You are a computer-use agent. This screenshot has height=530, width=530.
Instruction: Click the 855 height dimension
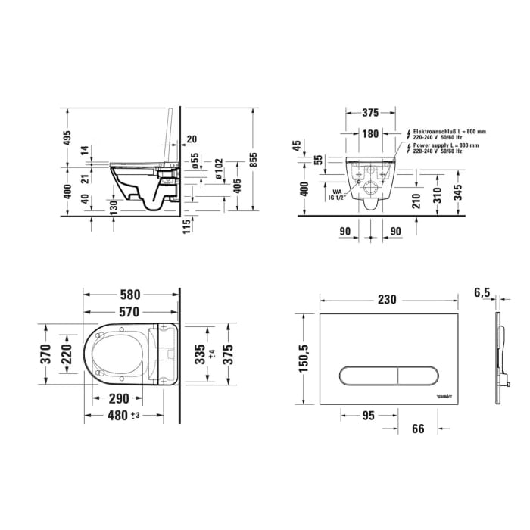255,159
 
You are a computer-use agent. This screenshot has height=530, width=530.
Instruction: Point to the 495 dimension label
67,138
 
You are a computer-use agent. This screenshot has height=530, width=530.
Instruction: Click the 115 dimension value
186,228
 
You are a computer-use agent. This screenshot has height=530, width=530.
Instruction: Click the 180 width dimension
369,134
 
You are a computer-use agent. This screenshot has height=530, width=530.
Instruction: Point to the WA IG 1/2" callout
337,195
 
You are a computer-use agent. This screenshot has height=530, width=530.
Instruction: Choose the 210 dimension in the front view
415,201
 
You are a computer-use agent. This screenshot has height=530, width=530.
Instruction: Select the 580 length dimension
129,295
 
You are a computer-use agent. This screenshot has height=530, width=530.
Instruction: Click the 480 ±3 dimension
125,415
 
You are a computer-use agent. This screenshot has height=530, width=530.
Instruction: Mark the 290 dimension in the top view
117,399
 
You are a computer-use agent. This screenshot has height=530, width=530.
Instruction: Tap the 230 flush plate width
387,300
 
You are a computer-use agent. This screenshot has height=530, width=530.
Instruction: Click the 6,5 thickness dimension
482,292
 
